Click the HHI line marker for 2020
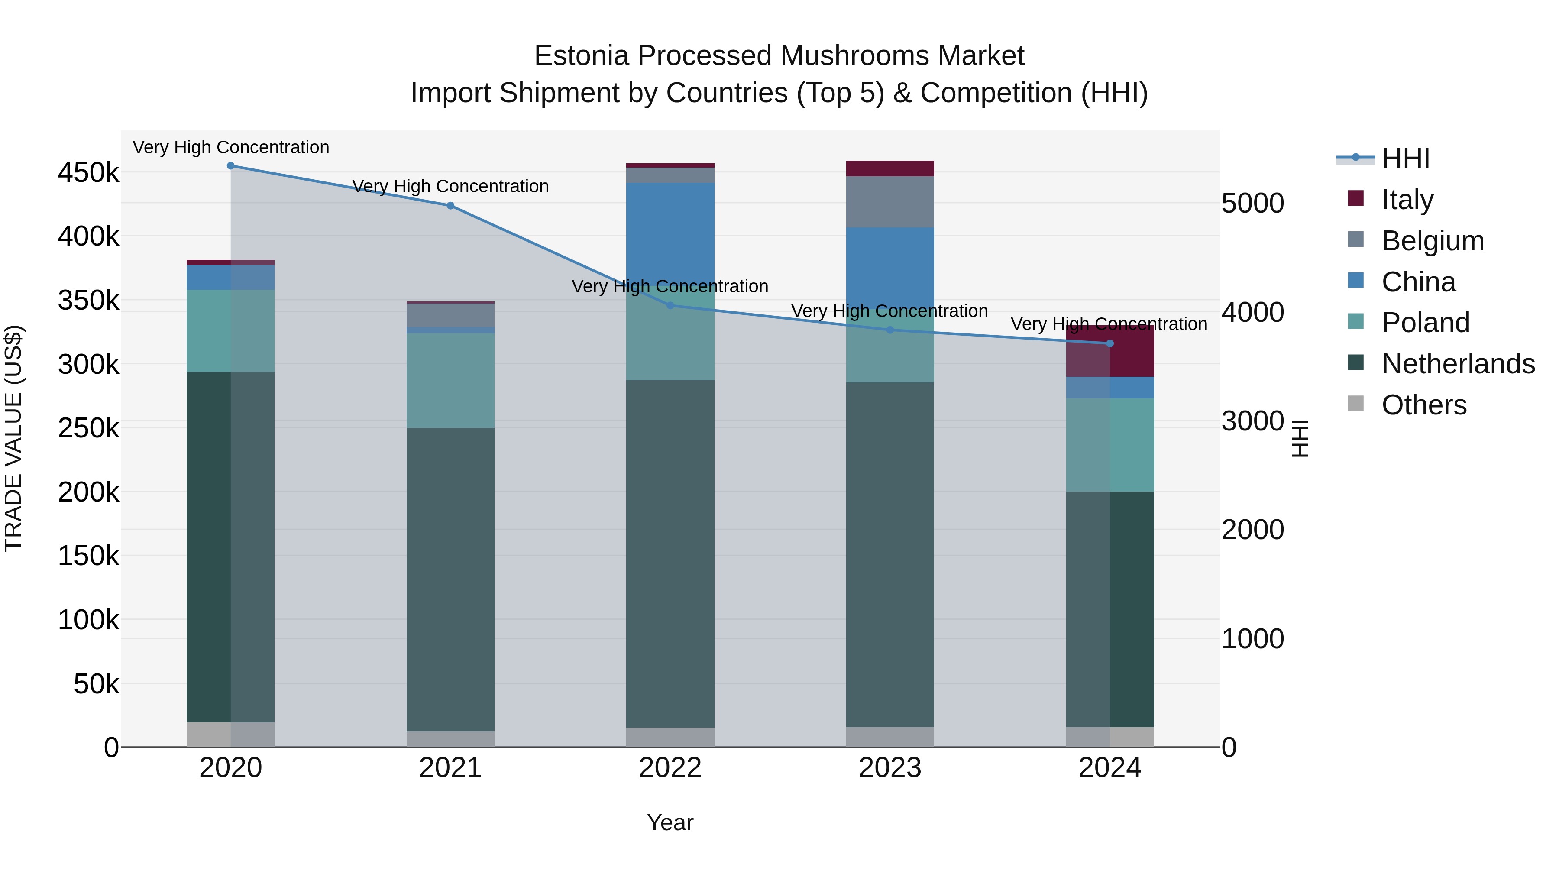pyautogui.click(x=230, y=166)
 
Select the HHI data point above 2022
pyautogui.click(x=670, y=306)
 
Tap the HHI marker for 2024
pyautogui.click(x=1110, y=344)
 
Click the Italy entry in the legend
pyautogui.click(x=1407, y=200)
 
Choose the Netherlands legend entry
pyautogui.click(x=1458, y=364)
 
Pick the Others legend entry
pyautogui.click(x=1423, y=405)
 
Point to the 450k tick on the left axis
pyautogui.click(x=88, y=173)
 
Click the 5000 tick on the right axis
pyautogui.click(x=1252, y=204)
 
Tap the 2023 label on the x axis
pyautogui.click(x=889, y=768)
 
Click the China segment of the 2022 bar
pyautogui.click(x=670, y=230)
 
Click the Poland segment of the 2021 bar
pyautogui.click(x=450, y=381)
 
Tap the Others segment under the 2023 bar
pyautogui.click(x=889, y=737)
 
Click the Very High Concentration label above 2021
pyautogui.click(x=450, y=186)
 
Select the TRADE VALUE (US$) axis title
pyautogui.click(x=13, y=438)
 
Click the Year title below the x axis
pyautogui.click(x=670, y=822)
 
